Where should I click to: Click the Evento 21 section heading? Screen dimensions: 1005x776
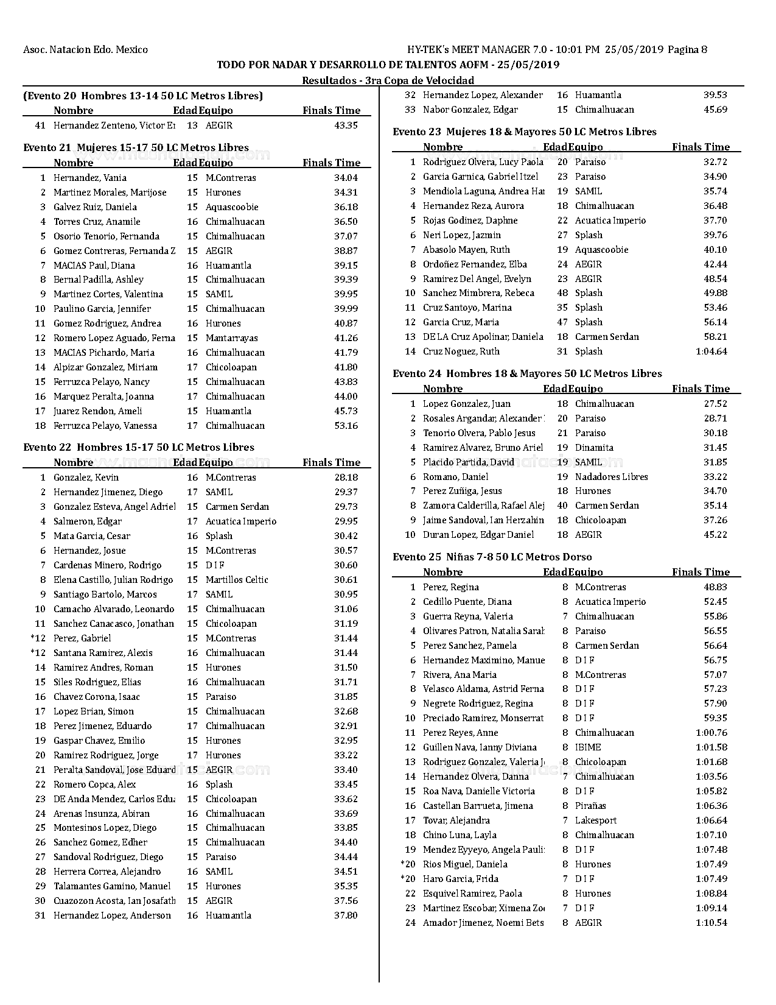(x=136, y=147)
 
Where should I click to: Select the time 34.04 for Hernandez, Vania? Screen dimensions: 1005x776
(x=346, y=178)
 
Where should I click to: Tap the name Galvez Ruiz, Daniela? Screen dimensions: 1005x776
(x=95, y=207)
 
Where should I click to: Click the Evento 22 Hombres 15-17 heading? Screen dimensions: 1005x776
(x=139, y=447)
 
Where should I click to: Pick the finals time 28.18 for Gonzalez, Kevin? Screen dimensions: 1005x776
(x=346, y=478)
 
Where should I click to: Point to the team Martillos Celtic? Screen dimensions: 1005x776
(x=237, y=580)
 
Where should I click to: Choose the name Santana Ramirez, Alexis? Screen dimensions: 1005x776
(x=103, y=653)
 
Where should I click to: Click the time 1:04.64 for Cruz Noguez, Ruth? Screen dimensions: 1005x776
(x=711, y=351)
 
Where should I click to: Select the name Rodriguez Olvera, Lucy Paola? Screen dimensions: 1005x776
(x=483, y=162)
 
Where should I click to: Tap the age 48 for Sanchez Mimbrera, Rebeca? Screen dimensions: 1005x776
(x=562, y=293)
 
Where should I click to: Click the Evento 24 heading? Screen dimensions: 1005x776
(x=527, y=373)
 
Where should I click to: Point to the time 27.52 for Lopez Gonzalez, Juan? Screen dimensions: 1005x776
(x=715, y=404)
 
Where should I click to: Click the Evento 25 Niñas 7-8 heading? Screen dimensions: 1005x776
(x=492, y=557)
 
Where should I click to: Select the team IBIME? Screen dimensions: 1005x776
(x=588, y=747)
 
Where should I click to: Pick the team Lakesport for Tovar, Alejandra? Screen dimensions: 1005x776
(x=596, y=820)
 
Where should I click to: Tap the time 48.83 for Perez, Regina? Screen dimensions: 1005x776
(x=715, y=587)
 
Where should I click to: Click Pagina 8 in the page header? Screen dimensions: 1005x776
(x=687, y=50)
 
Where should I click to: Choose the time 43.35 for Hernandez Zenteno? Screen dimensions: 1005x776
(x=346, y=125)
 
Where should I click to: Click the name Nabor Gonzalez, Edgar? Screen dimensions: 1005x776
(x=470, y=110)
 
